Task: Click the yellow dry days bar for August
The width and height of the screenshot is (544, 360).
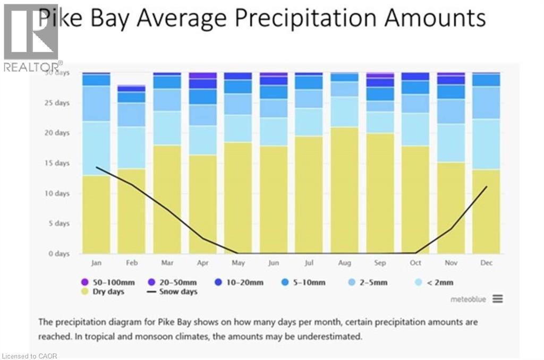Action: click(344, 190)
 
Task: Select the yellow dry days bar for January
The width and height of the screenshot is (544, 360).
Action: click(96, 215)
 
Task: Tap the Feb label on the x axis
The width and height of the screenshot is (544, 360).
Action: click(132, 263)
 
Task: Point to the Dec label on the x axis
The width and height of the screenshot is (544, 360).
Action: click(486, 263)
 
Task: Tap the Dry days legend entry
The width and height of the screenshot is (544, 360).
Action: click(104, 292)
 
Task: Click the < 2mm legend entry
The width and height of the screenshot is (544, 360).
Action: click(434, 282)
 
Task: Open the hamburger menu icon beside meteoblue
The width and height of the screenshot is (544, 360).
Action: click(497, 299)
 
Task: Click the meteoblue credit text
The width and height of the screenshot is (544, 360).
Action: click(468, 299)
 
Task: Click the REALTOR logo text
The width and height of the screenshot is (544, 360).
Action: click(32, 67)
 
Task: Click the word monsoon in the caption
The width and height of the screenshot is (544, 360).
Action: click(199, 336)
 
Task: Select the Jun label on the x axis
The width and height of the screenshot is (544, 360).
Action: click(274, 263)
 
